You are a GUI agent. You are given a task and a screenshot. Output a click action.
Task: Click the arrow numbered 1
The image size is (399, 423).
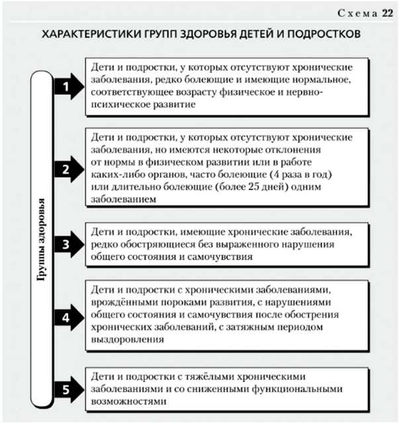(x=69, y=86)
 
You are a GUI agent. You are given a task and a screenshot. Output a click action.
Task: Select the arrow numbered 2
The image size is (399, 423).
(x=69, y=169)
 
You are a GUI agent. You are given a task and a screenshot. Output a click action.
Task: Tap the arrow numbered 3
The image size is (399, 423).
(x=69, y=244)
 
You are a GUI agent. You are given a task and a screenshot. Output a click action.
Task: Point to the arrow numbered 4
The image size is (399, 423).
(x=69, y=318)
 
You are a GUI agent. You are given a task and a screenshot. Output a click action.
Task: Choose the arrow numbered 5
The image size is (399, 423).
(x=69, y=390)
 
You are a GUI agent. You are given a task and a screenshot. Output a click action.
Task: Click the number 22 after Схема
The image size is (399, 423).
(x=387, y=13)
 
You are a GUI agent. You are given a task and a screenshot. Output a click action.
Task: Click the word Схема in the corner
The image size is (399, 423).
(x=357, y=13)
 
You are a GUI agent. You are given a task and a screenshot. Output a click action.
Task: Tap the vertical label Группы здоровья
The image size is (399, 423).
(x=41, y=239)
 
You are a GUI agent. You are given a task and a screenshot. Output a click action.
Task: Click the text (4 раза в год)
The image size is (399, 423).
(x=300, y=174)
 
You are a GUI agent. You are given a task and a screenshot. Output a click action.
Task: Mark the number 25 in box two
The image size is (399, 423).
(x=253, y=186)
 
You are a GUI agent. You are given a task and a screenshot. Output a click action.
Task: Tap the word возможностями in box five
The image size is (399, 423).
(x=128, y=401)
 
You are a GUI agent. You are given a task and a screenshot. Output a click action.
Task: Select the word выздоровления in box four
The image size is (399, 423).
(x=127, y=339)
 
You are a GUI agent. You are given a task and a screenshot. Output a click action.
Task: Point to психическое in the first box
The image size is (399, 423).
(x=120, y=105)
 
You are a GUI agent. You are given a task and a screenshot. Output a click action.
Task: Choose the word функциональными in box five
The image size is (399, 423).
(x=297, y=389)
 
